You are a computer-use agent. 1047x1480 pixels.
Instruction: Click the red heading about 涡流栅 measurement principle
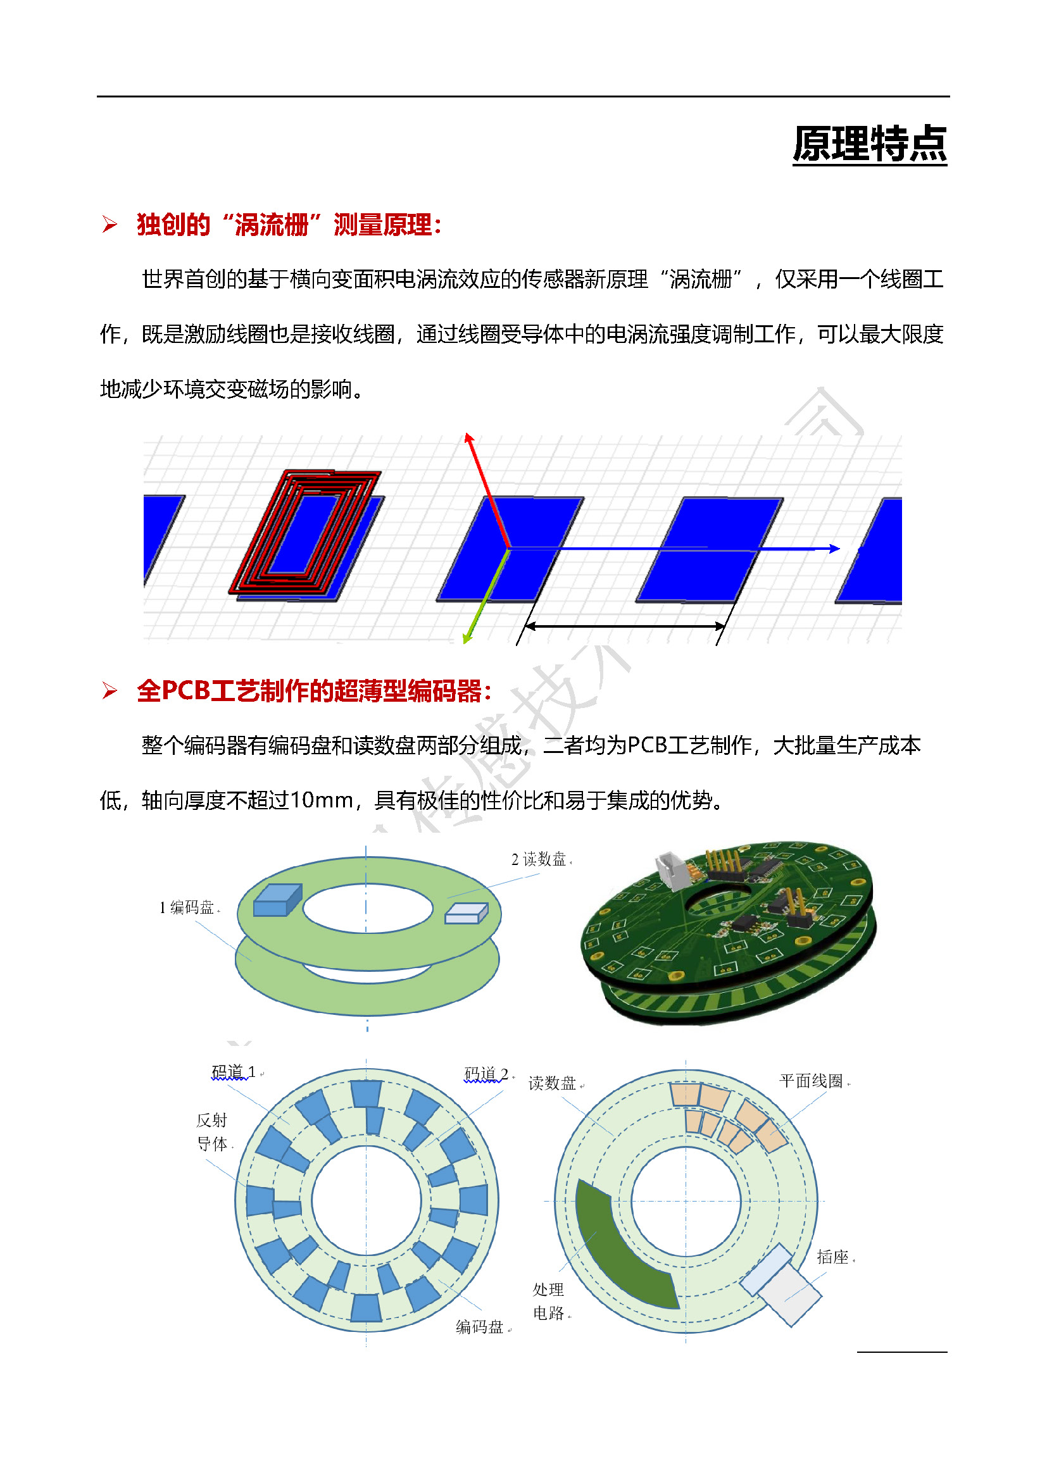288,225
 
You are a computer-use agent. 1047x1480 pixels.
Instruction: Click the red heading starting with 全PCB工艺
314,691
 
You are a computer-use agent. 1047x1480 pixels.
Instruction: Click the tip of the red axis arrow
468,437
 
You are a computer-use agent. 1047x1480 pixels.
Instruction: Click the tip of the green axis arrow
466,641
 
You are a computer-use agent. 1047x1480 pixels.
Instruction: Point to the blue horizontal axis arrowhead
836,549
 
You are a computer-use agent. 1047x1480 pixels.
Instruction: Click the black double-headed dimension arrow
624,625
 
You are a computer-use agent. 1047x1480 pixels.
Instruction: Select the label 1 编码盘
187,907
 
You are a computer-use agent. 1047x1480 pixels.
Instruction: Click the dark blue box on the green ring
277,900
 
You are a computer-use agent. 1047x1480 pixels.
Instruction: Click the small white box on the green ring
466,913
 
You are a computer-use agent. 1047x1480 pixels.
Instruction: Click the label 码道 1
234,1072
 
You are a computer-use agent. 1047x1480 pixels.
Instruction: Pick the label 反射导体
212,1132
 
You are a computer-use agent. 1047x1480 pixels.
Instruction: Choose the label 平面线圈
811,1081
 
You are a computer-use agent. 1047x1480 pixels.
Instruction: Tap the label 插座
832,1257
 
